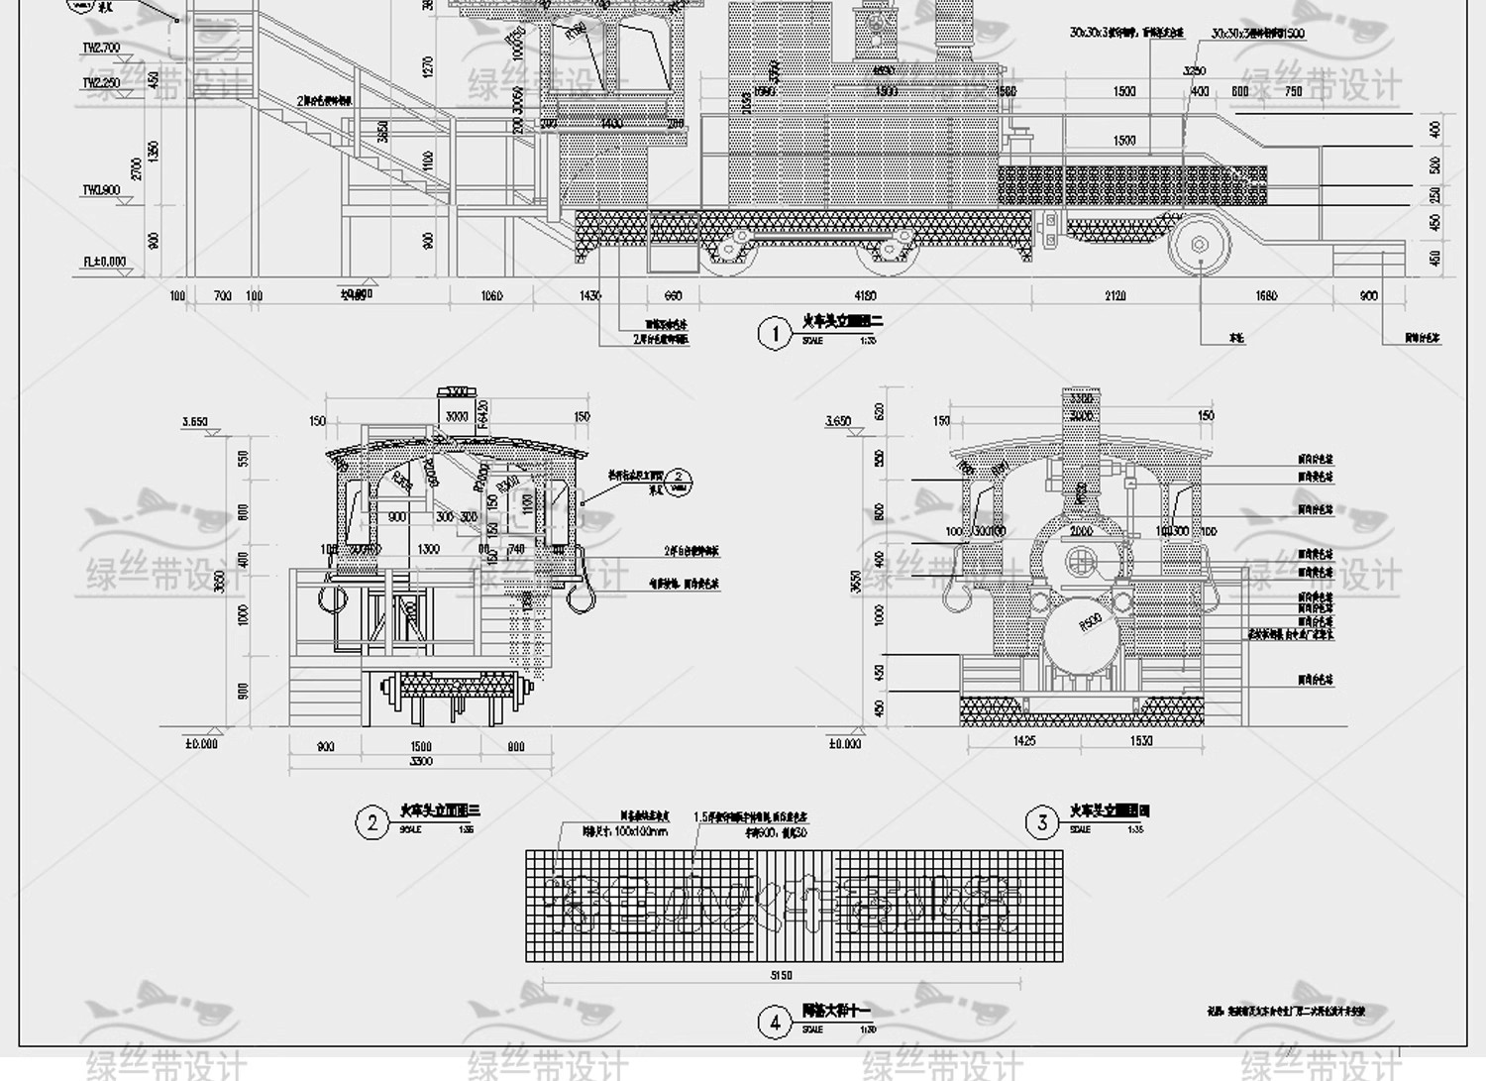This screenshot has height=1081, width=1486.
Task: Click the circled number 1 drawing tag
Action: [775, 333]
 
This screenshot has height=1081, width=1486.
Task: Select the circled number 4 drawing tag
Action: [775, 1023]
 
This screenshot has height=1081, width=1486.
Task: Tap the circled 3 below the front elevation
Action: [1042, 822]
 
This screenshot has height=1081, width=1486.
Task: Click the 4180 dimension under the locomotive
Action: [864, 295]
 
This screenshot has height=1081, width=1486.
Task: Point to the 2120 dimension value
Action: [1114, 295]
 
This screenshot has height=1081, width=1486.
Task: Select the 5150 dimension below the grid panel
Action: [781, 976]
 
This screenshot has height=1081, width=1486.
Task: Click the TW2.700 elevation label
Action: [100, 48]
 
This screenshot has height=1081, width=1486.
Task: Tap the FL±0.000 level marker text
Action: [104, 263]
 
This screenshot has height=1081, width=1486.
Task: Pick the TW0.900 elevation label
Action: [100, 190]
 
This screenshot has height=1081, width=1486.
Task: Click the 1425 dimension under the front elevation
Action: [1024, 741]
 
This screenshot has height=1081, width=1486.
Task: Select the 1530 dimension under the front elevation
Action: [1140, 741]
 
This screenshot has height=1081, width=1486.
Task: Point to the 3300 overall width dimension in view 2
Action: [420, 762]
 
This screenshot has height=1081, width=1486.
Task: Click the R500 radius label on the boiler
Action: [1090, 623]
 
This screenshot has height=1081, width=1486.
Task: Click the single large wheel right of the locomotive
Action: [1200, 244]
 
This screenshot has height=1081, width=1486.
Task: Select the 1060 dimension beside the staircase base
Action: [491, 295]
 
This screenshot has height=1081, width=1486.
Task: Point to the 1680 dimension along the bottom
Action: [1266, 295]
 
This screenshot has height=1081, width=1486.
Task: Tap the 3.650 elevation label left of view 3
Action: [838, 421]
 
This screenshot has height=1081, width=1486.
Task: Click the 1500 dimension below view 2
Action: [420, 747]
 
